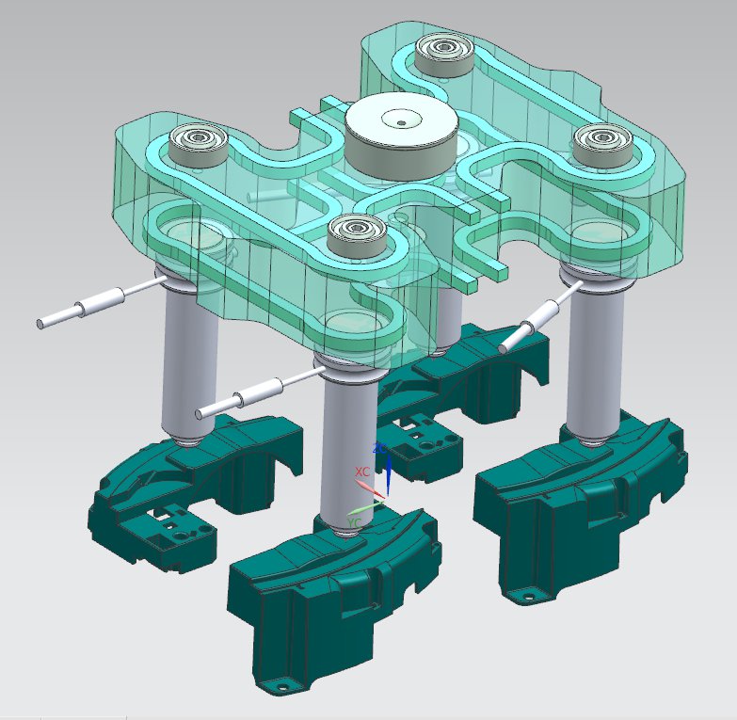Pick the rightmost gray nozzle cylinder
[595, 362]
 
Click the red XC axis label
[361, 471]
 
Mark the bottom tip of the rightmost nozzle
[595, 440]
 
